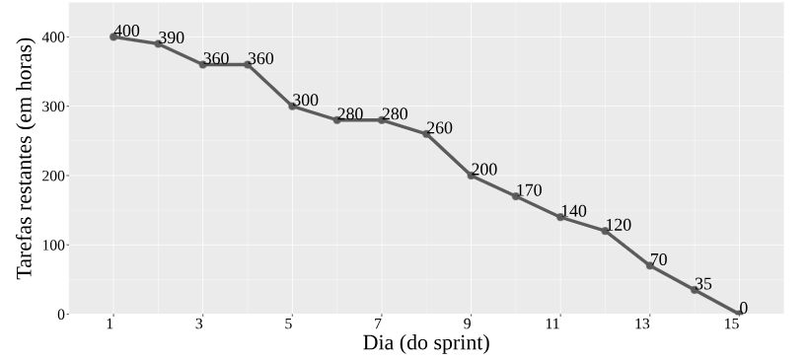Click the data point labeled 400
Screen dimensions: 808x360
tap(113, 36)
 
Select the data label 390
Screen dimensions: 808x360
tap(171, 38)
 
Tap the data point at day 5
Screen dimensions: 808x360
tap(292, 107)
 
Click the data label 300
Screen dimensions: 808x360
tap(305, 100)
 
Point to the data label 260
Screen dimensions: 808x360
tap(440, 127)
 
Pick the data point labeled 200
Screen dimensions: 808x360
tap(471, 176)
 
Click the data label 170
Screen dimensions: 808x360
tap(529, 190)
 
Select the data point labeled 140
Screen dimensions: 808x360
tap(560, 217)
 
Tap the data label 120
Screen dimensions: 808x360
tap(618, 225)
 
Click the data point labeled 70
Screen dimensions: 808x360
tap(650, 265)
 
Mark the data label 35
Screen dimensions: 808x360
tap(702, 284)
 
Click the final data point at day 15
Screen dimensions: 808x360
tap(739, 313)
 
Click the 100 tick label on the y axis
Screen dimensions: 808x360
tap(53, 245)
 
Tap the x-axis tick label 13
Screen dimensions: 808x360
tap(649, 324)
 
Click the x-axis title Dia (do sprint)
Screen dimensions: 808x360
tap(426, 343)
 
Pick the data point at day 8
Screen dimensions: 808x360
tap(426, 134)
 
